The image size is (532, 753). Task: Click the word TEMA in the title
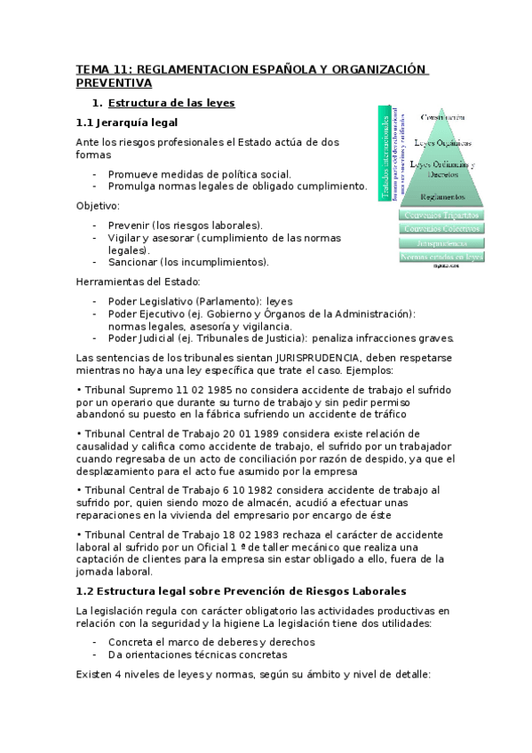91,68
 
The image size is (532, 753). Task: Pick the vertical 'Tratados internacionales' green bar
385,156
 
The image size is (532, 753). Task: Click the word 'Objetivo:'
98,205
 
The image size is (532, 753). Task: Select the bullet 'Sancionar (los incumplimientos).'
188,262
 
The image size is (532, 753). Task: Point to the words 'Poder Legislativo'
147,301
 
